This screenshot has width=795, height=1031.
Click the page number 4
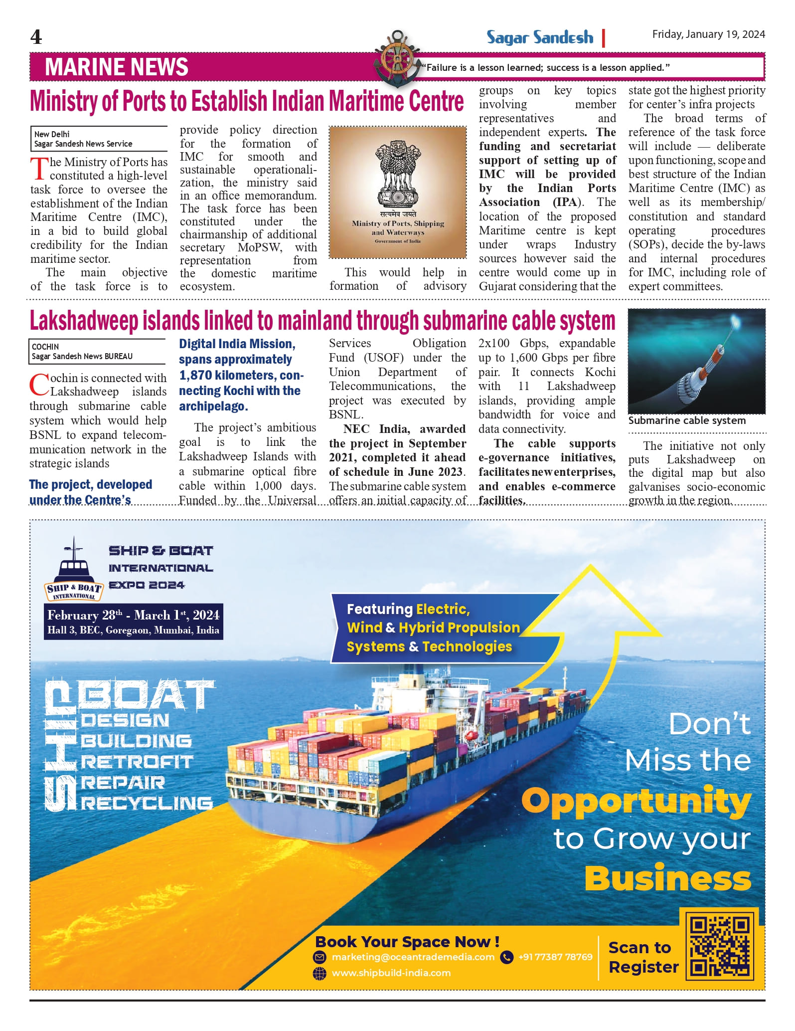pos(36,37)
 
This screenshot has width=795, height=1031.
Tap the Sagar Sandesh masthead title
pos(540,37)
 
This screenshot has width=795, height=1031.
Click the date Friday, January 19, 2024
pos(708,34)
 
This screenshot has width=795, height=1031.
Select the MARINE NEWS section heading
pos(117,67)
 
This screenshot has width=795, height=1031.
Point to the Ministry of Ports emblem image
pos(398,192)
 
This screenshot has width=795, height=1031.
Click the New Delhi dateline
pos(52,134)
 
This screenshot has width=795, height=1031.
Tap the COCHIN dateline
pos(45,347)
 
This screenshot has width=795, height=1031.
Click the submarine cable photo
pos(696,361)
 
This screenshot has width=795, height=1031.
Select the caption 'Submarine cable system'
pos(687,420)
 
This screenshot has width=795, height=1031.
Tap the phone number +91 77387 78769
pos(555,957)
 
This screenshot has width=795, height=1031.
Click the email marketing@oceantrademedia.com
pos(413,957)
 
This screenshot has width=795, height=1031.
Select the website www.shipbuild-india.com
pos(391,973)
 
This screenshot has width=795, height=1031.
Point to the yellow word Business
pos(667,878)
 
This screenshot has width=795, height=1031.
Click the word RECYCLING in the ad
pos(147,803)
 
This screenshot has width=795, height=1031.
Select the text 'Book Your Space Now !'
pos(407,941)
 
